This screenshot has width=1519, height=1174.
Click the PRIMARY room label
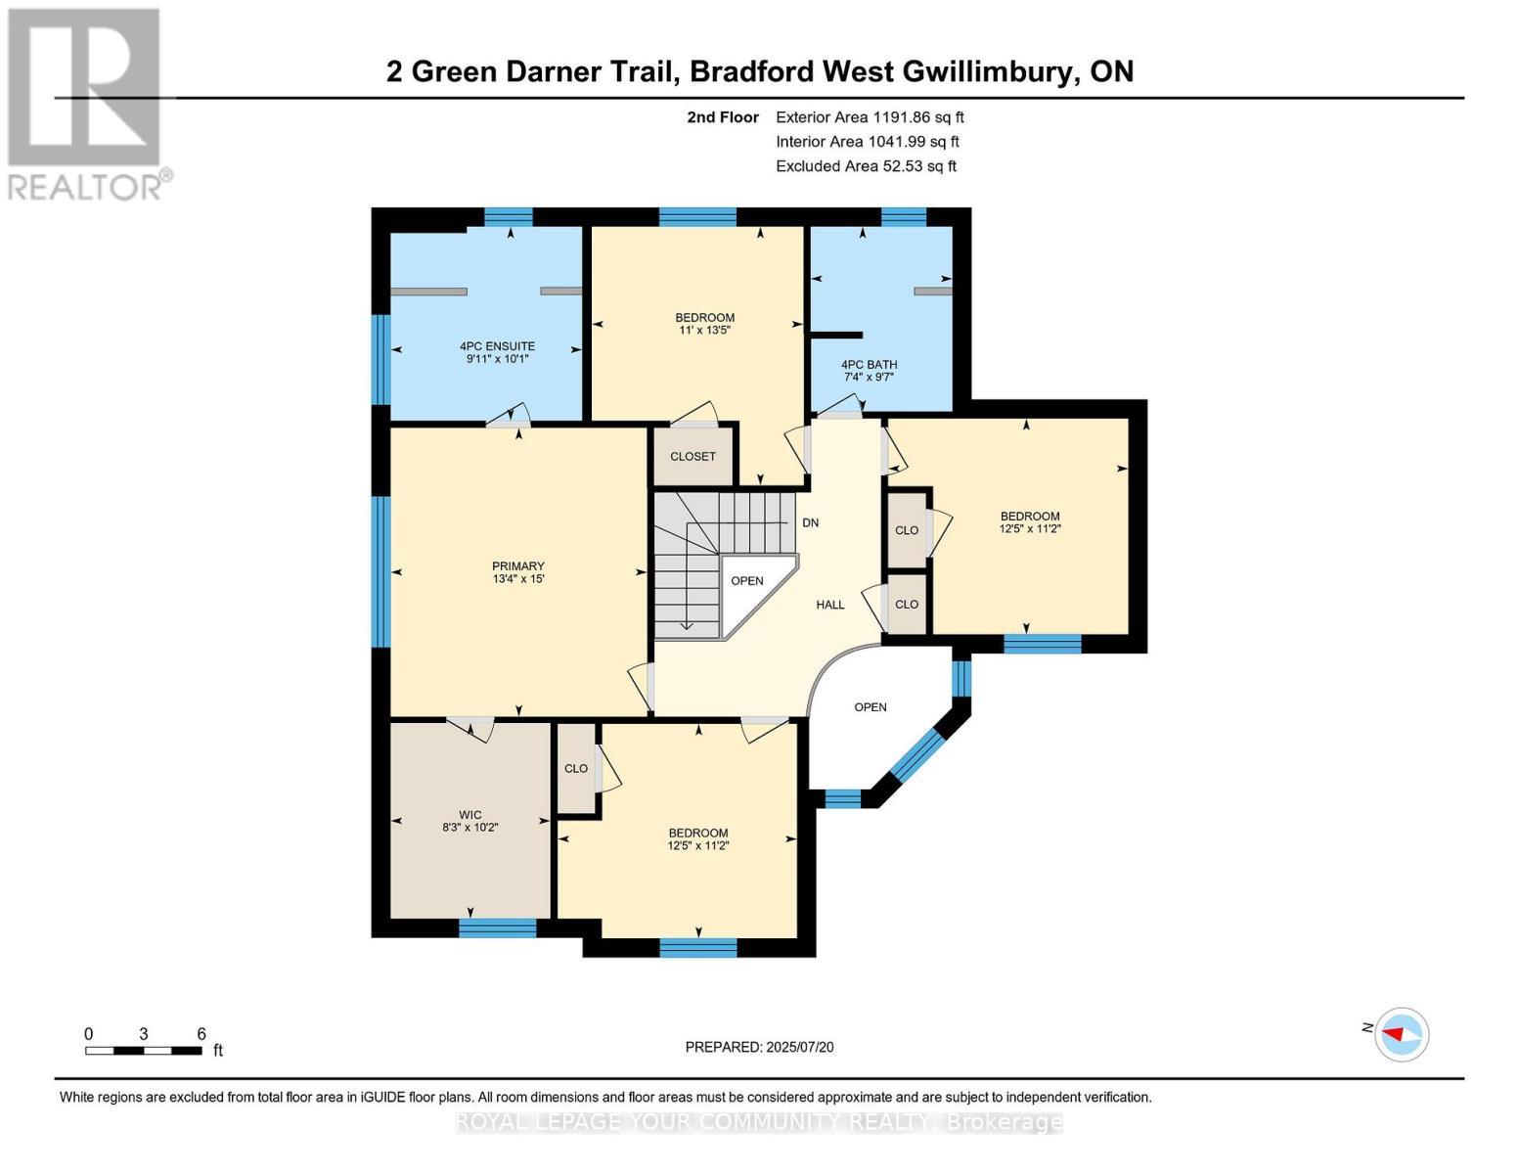coord(518,566)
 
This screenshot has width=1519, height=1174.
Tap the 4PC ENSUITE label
coord(497,346)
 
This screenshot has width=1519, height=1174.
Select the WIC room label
coord(469,815)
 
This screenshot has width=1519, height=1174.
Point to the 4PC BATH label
coord(869,364)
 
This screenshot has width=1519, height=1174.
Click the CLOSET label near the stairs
coord(692,457)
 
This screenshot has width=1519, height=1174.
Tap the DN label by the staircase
coord(810,523)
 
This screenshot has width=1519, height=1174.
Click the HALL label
coord(830,605)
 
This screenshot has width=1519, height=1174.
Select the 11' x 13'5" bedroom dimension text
coord(704,330)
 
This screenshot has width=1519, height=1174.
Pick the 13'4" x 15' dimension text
coord(518,579)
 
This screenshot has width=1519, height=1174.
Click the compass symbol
coord(1402,1035)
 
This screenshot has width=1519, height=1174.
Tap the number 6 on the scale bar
coord(201,1033)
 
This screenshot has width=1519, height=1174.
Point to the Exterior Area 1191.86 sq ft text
coord(870,117)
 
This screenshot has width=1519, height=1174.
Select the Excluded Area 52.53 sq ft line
coord(866,166)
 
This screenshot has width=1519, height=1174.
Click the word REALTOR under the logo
coord(85,188)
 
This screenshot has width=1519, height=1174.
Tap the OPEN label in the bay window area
coord(871,707)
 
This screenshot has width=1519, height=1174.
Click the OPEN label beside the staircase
coord(747,581)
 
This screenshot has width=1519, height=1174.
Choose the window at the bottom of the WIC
coord(497,927)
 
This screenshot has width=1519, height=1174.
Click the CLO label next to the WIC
coord(576,768)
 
